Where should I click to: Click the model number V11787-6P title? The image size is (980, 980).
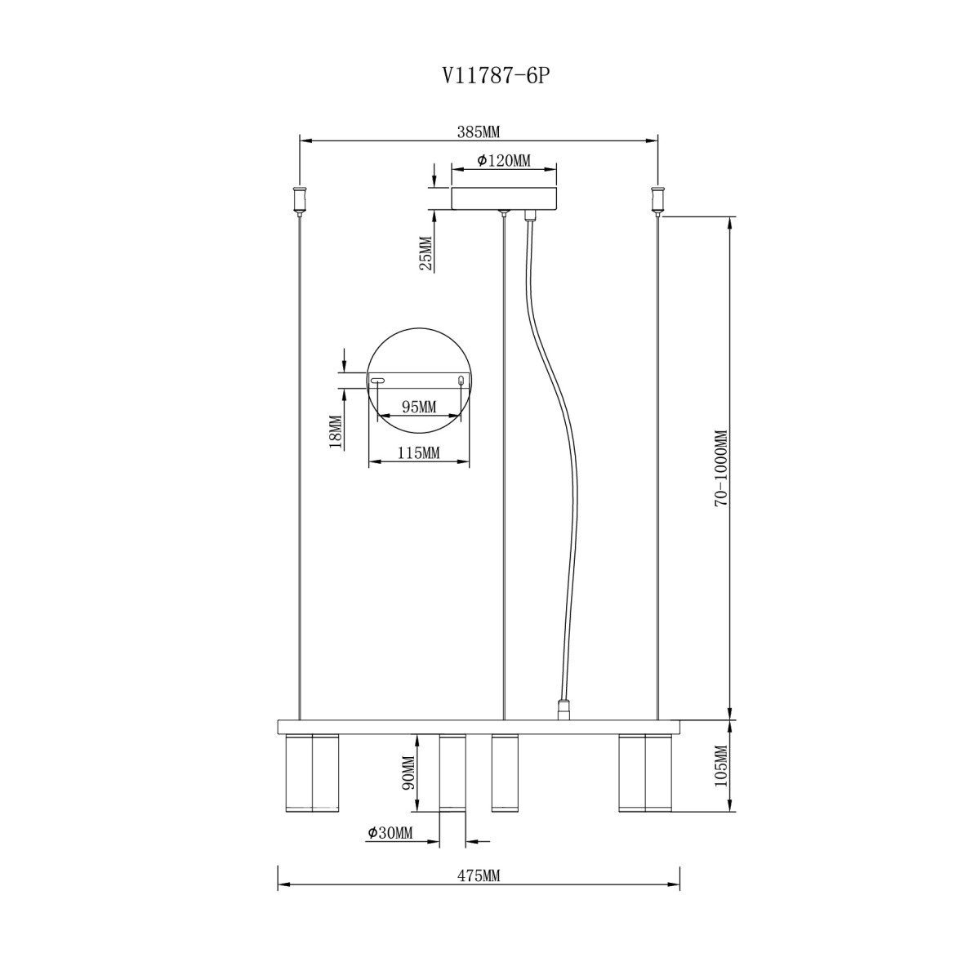coord(497,76)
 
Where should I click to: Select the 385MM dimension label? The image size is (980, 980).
coord(479,132)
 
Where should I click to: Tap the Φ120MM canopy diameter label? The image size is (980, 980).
coord(504,161)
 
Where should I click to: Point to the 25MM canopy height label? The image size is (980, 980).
coord(425,253)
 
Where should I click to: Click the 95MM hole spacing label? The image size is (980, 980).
coord(419,407)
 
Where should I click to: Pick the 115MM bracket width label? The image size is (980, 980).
coord(418,452)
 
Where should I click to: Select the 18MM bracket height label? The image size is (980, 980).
coord(336,431)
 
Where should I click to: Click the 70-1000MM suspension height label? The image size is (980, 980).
coord(722,468)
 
